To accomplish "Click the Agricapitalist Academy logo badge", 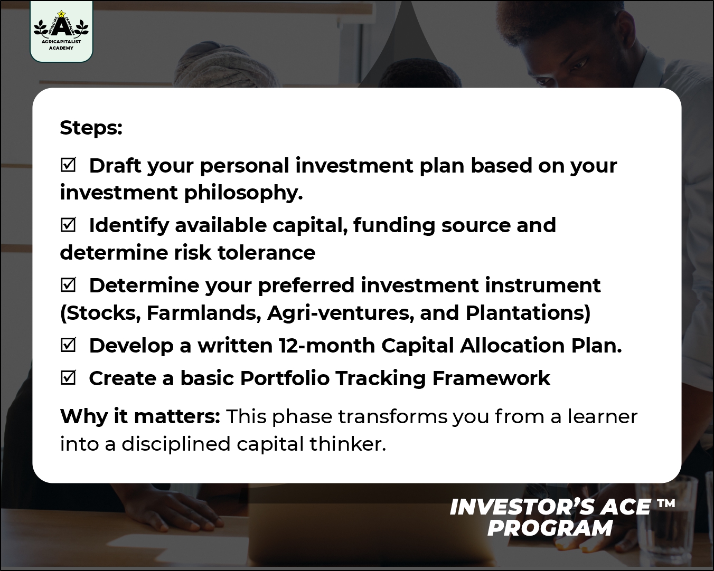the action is click(x=61, y=31).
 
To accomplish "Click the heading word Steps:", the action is click(x=91, y=128).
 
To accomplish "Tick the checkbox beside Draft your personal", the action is click(x=68, y=165).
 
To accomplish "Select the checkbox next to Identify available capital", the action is click(x=68, y=225).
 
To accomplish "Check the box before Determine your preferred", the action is click(x=68, y=285).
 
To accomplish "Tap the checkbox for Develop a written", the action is click(x=68, y=345).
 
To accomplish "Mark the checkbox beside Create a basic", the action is click(x=68, y=378).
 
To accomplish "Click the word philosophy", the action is click(x=243, y=193).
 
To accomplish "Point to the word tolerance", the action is click(x=266, y=253).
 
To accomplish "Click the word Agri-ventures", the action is click(x=341, y=313).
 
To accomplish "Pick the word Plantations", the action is click(x=525, y=313).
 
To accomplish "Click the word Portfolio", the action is click(x=285, y=378).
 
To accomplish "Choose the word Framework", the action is click(x=491, y=378).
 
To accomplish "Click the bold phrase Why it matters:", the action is click(x=140, y=416).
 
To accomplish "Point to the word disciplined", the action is click(x=176, y=444).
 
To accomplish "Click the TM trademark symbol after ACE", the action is click(x=666, y=503).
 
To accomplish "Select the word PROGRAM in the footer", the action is click(x=550, y=528).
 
